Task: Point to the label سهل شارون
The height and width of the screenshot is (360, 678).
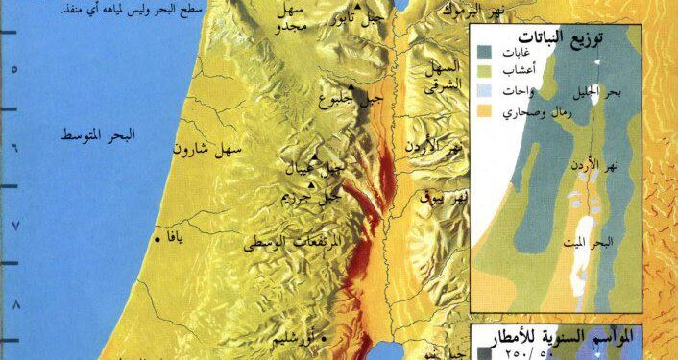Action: pyautogui.click(x=209, y=150)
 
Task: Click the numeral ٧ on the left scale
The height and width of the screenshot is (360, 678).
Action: pyautogui.click(x=14, y=225)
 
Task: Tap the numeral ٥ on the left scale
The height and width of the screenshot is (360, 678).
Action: pyautogui.click(x=14, y=68)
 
